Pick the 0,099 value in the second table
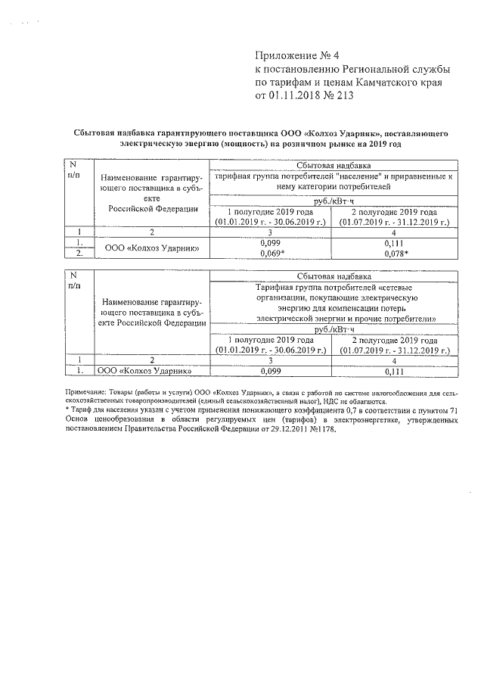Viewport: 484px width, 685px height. click(271, 372)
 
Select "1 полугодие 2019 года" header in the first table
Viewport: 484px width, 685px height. click(271, 212)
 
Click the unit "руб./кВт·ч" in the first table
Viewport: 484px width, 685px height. click(333, 200)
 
